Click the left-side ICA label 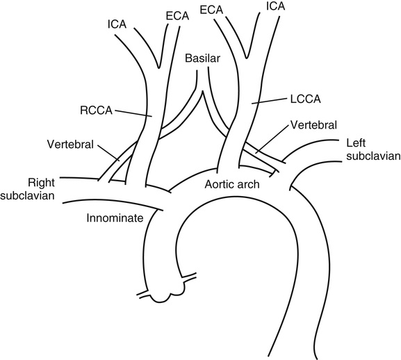point(117,24)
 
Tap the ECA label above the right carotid point(177,16)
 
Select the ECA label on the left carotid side point(211,10)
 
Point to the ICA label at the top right point(275,6)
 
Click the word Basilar point(202,58)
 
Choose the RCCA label point(96,111)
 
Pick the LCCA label point(305,99)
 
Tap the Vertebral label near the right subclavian point(70,144)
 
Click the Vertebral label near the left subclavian point(314,125)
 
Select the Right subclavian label point(28,189)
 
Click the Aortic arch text point(232,184)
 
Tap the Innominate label point(115,218)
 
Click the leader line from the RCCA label point(133,114)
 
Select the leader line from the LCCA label point(269,101)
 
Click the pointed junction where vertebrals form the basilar point(202,92)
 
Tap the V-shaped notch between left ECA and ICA point(247,57)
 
